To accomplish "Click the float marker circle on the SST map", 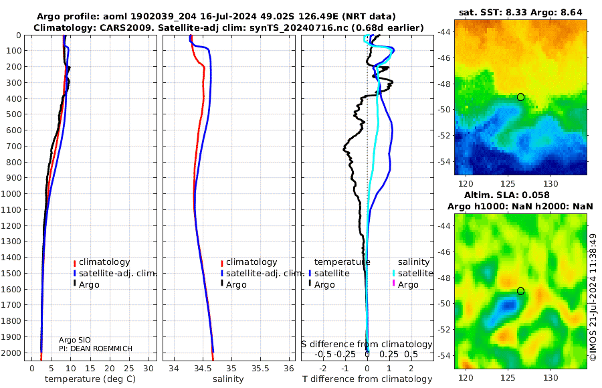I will tap(520, 97).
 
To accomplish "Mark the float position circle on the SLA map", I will tap(520, 291).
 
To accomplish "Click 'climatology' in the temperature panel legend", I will tap(104, 262).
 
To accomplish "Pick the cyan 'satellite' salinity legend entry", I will tap(415, 273).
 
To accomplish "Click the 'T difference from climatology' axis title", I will tap(367, 379).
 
